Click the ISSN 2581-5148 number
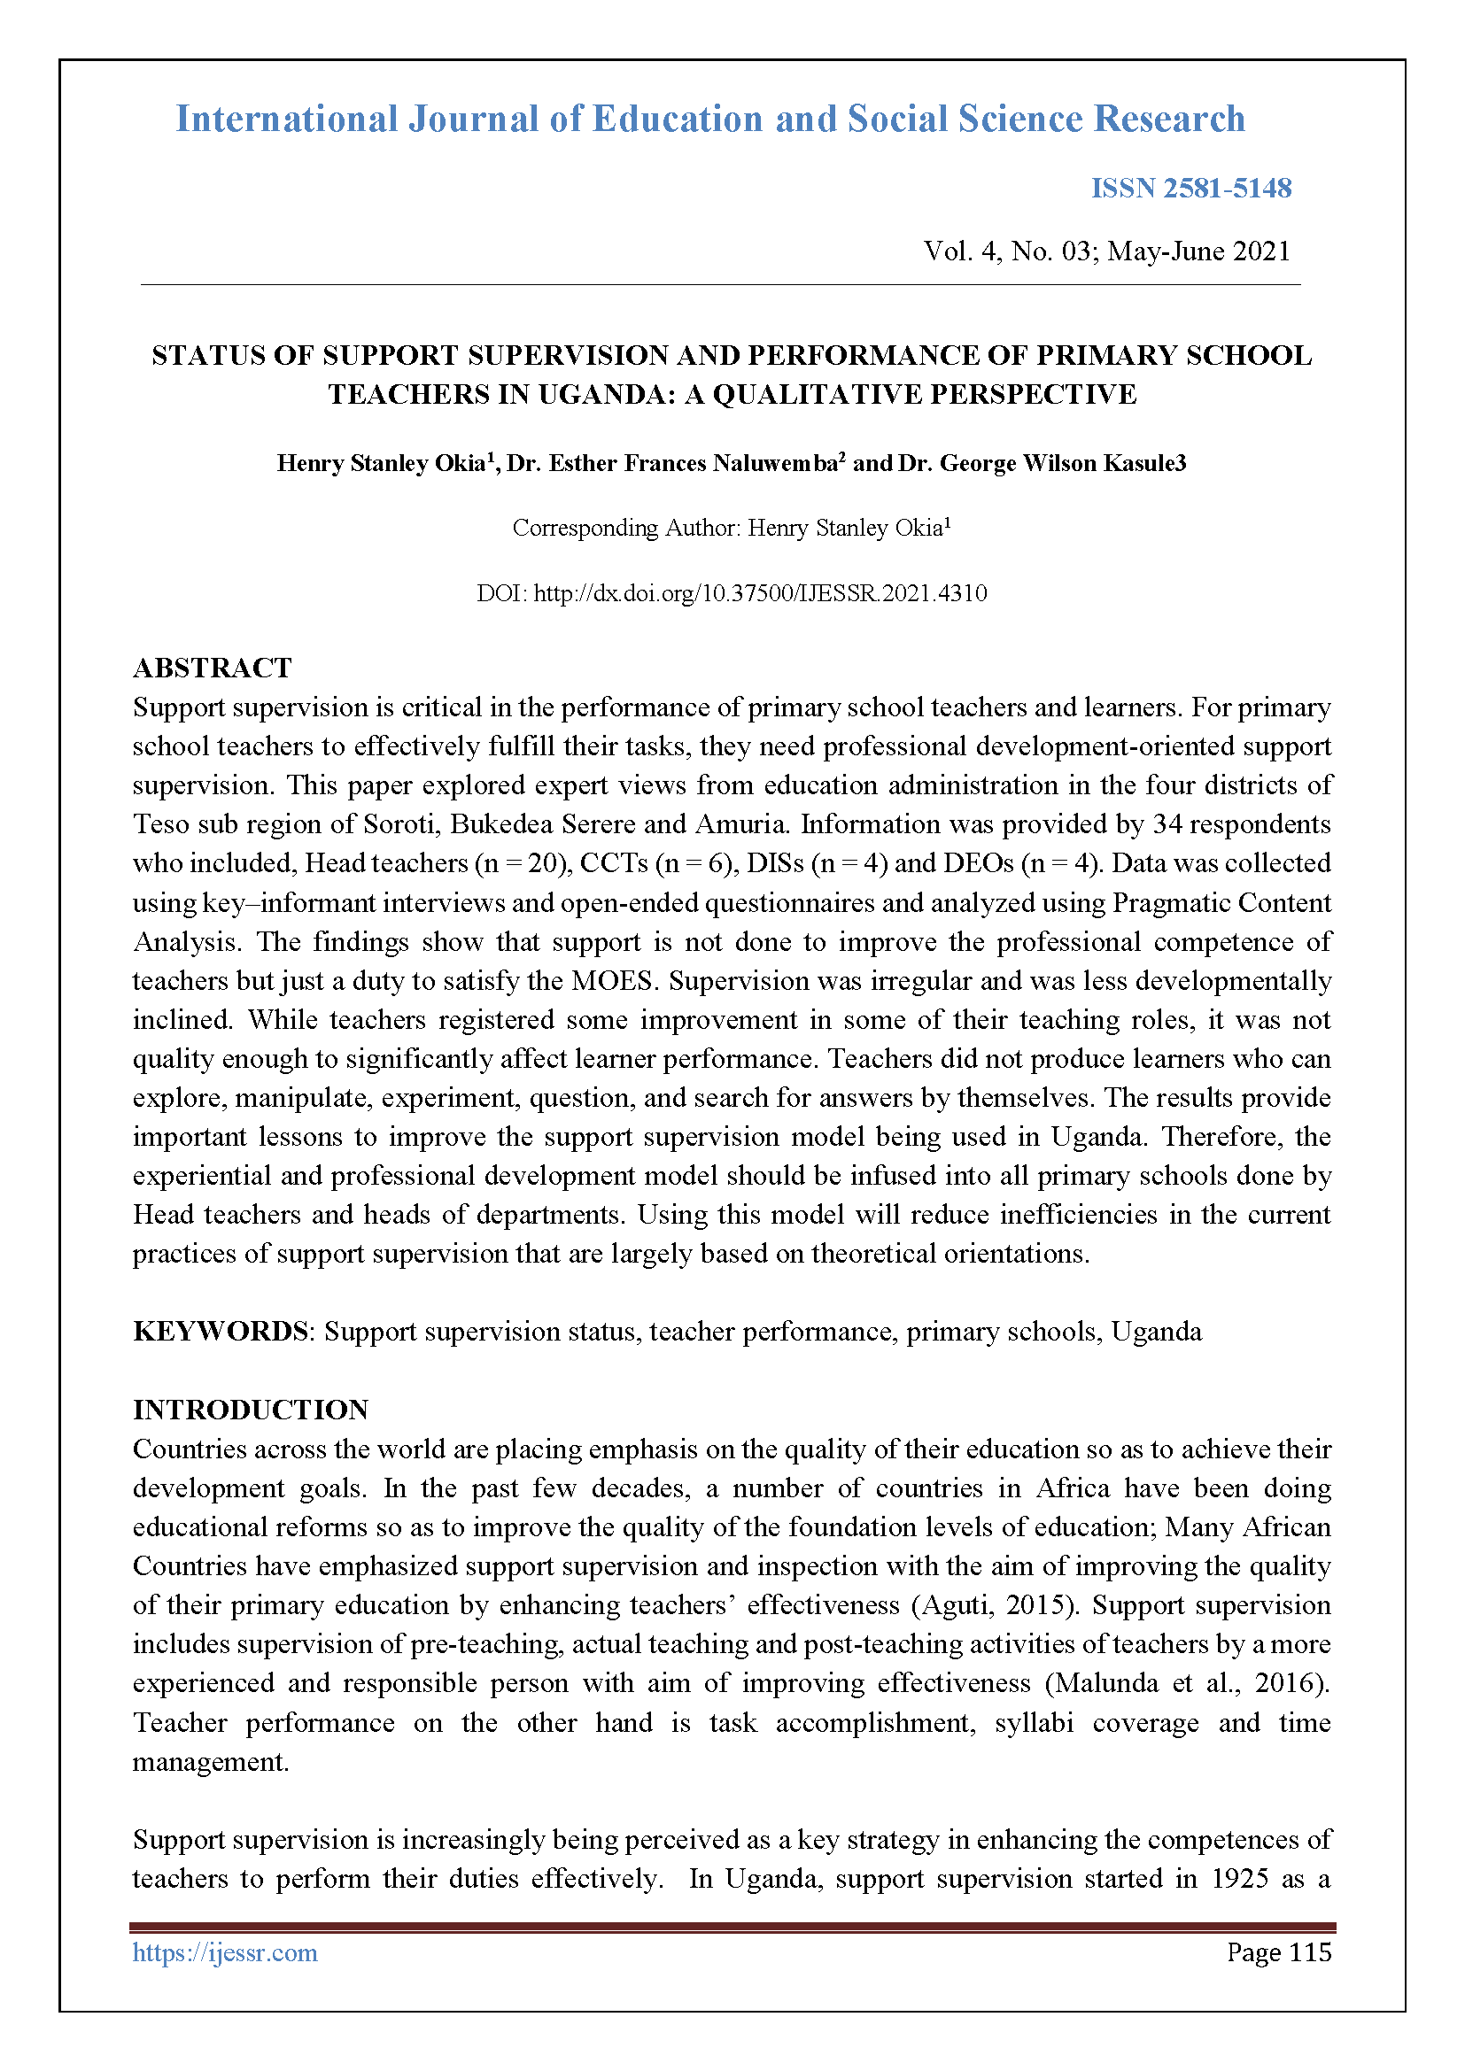1190,188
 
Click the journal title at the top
710,119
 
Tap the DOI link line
732,592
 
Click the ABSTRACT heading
212,668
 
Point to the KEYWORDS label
221,1332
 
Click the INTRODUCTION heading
251,1410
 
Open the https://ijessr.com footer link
225,1952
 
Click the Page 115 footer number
1278,1952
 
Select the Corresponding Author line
732,528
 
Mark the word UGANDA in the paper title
600,394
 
